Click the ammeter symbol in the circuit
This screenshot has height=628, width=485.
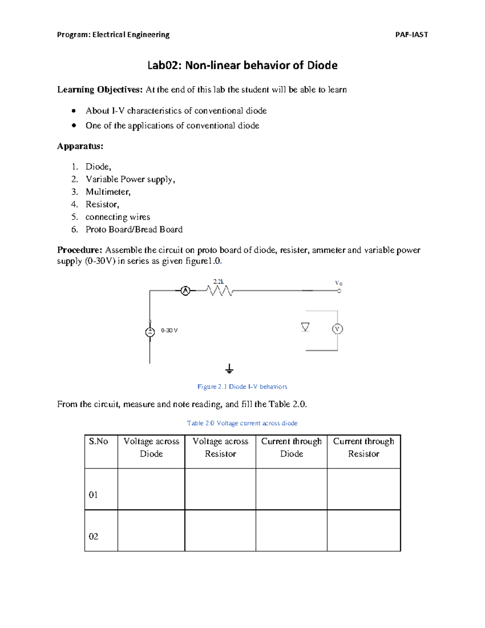(185, 290)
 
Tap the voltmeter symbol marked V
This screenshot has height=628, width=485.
(337, 329)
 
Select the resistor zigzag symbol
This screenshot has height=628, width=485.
(219, 290)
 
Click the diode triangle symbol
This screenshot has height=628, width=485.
(306, 327)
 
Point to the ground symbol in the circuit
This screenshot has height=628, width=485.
(229, 369)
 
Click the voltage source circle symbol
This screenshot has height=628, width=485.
(150, 332)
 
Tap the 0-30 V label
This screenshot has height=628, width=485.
(169, 330)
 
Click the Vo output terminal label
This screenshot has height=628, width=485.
(339, 283)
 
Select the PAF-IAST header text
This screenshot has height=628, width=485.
(411, 34)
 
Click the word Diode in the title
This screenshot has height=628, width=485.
(322, 65)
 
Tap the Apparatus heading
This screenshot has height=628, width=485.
(80, 146)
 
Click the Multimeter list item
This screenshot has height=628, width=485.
(108, 192)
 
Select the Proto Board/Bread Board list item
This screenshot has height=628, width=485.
(134, 229)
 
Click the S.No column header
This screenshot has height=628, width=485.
(99, 441)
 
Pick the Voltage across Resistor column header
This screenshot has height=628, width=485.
(220, 447)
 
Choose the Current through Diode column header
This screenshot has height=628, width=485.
(291, 447)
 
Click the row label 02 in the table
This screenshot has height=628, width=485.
(93, 536)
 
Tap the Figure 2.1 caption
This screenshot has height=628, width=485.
(242, 387)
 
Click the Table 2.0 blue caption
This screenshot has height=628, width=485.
(242, 423)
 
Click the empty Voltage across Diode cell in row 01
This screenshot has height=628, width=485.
(151, 489)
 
